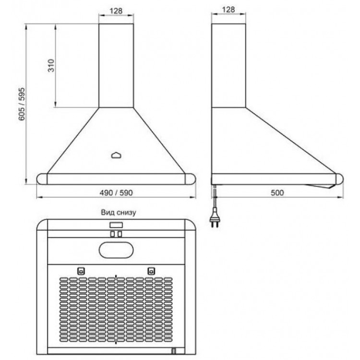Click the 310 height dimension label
click(x=51, y=65)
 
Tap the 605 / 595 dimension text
click(x=22, y=104)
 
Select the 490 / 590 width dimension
click(x=116, y=192)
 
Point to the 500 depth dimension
click(x=277, y=192)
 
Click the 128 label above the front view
click(x=116, y=11)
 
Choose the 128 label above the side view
click(x=228, y=10)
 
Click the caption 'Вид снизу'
click(x=119, y=212)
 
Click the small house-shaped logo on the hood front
click(x=117, y=156)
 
